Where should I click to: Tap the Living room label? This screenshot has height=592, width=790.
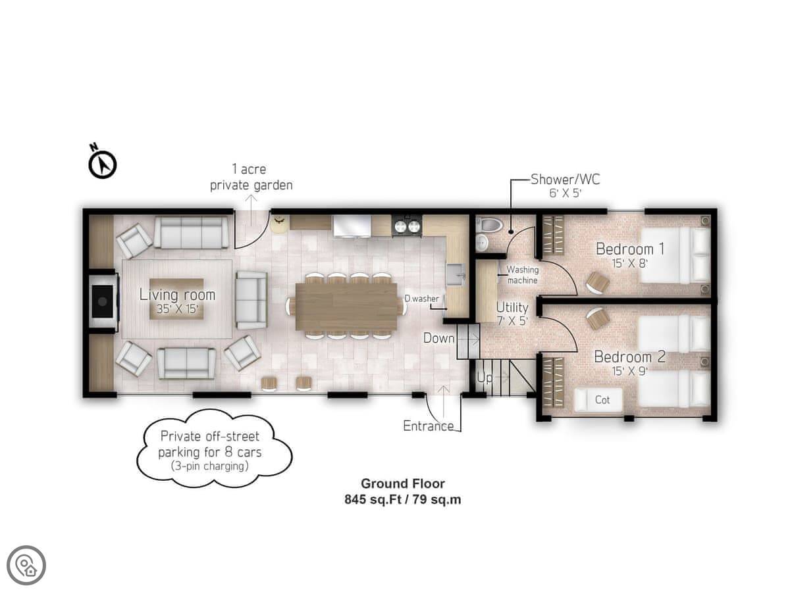(x=178, y=295)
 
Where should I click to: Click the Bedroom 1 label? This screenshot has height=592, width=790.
(x=630, y=249)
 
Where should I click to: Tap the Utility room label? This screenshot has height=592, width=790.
(x=512, y=307)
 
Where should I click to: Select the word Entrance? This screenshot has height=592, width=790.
(x=429, y=426)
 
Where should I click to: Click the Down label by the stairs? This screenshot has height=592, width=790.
(x=438, y=338)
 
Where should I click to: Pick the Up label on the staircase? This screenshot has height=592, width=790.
(x=485, y=378)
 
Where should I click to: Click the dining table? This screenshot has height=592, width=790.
(x=346, y=307)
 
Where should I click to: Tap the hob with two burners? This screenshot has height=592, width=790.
(x=407, y=226)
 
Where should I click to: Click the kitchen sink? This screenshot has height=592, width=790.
(x=456, y=274)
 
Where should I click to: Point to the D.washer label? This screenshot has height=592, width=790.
(x=422, y=299)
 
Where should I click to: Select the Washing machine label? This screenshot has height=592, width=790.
(x=523, y=275)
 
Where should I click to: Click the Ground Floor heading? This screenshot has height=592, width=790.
(x=403, y=484)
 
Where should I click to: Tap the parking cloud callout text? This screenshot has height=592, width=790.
(x=210, y=451)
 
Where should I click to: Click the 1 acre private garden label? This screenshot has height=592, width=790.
(x=251, y=177)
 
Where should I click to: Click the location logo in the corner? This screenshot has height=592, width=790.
(x=26, y=566)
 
